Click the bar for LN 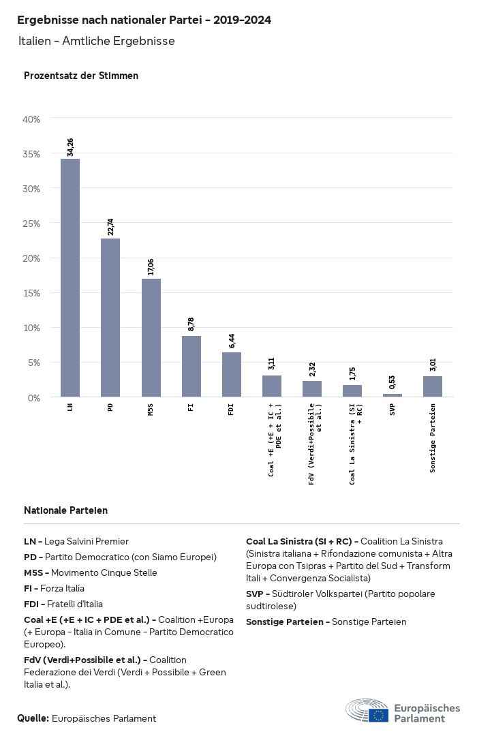coord(70,277)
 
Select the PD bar coord(110,318)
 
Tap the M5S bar coord(151,337)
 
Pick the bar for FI coord(191,366)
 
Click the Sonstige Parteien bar coord(433,386)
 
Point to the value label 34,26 coord(70,147)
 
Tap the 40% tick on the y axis coord(32,119)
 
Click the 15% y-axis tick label coord(32,293)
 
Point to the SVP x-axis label coord(393,411)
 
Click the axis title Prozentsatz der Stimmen coord(81,76)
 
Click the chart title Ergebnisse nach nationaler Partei coord(144,20)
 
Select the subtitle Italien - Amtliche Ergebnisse coord(97,42)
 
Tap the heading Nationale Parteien coord(65,510)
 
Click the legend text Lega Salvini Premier coord(86,542)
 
